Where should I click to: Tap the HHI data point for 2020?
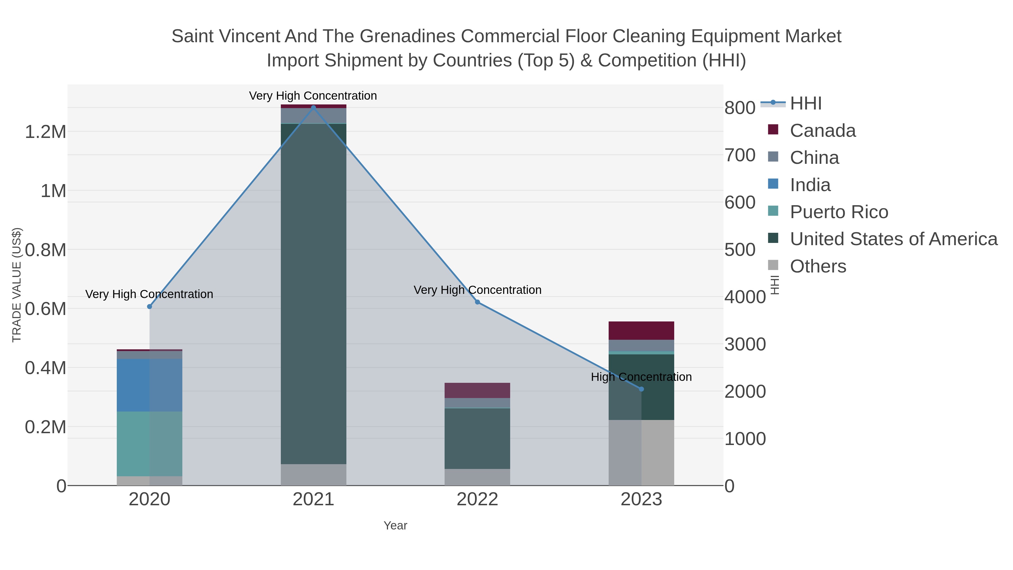coord(149,307)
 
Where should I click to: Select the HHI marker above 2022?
coord(478,302)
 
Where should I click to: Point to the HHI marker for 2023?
coord(641,389)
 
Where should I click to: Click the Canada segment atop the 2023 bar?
coord(641,330)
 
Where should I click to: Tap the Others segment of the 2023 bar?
coord(641,452)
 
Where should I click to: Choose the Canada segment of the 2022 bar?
coord(478,390)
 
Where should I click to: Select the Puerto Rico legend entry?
coord(839,212)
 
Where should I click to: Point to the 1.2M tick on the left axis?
coord(45,132)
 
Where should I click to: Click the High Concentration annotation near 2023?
coord(641,377)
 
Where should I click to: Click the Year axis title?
coord(395,526)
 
